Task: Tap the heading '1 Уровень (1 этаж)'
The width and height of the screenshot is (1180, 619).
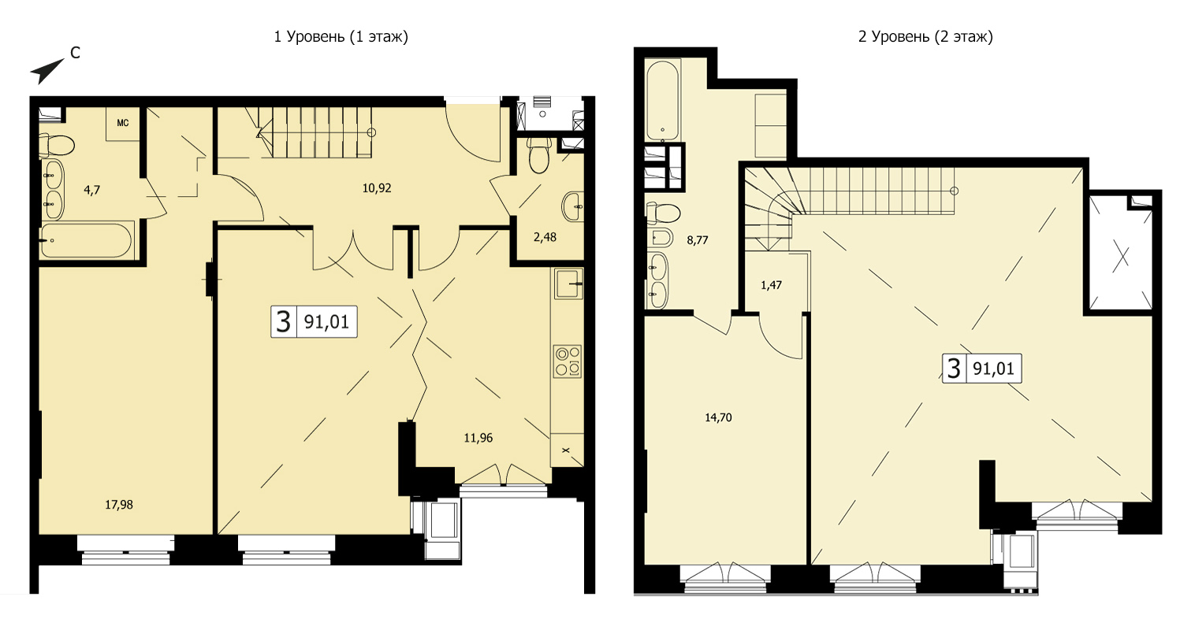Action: point(341,37)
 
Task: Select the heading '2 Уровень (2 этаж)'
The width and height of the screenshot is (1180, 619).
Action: point(925,37)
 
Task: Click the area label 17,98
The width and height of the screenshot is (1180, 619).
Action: point(119,505)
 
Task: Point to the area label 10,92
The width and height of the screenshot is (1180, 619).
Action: point(377,188)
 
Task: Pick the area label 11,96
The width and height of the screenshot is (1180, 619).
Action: point(478,438)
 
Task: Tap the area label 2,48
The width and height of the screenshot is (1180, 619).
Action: point(545,237)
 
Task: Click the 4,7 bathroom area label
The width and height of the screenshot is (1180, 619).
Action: point(91,190)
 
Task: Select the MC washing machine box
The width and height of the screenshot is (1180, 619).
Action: point(123,124)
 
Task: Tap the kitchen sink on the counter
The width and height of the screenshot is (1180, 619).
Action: point(568,284)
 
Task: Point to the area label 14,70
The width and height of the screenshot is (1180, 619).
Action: point(719,418)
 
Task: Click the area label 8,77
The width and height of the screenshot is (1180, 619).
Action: point(698,240)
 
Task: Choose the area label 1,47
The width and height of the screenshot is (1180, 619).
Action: point(771,285)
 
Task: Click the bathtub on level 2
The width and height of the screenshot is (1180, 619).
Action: point(663,100)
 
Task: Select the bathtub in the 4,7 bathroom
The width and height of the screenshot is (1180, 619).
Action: point(87,240)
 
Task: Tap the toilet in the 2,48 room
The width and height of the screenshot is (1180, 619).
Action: point(539,155)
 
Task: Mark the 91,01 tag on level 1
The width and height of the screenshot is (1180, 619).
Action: point(314,321)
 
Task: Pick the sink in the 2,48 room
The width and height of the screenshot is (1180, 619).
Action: point(573,207)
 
